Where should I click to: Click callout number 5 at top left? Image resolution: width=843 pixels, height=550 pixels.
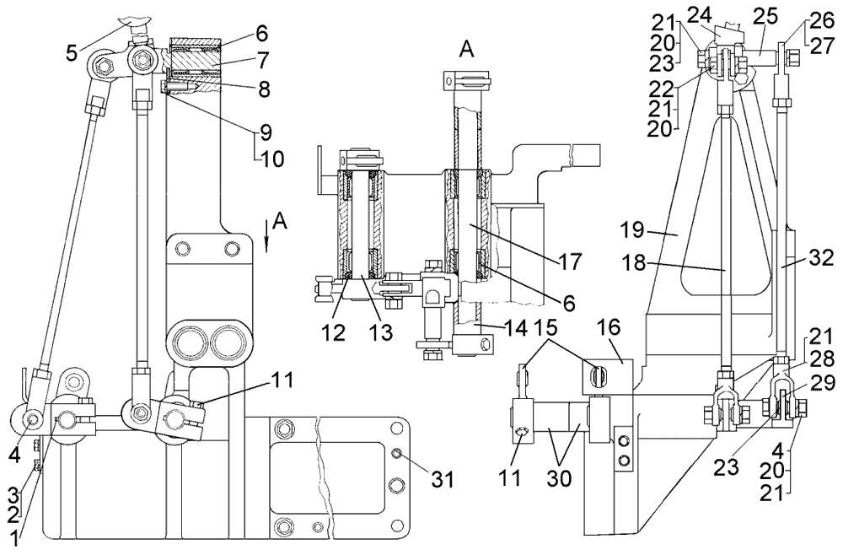[73, 53]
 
